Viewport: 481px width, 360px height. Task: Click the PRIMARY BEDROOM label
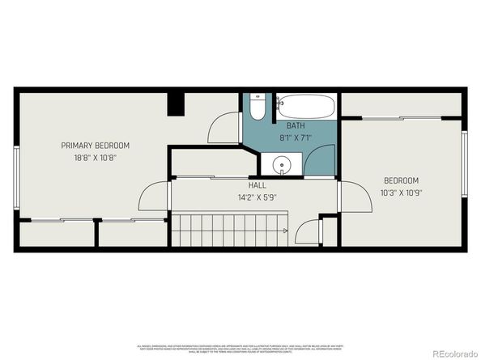[96, 146]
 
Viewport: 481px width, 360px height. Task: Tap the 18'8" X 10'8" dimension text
[96, 158]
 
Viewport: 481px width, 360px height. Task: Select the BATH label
[296, 126]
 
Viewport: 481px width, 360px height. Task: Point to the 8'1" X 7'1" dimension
[296, 137]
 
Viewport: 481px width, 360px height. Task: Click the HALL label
[257, 185]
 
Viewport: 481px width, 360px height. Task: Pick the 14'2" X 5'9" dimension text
[257, 196]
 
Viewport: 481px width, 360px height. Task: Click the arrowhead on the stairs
[285, 231]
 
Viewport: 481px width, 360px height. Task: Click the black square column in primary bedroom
[176, 104]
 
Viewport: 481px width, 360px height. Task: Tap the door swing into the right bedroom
[351, 196]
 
